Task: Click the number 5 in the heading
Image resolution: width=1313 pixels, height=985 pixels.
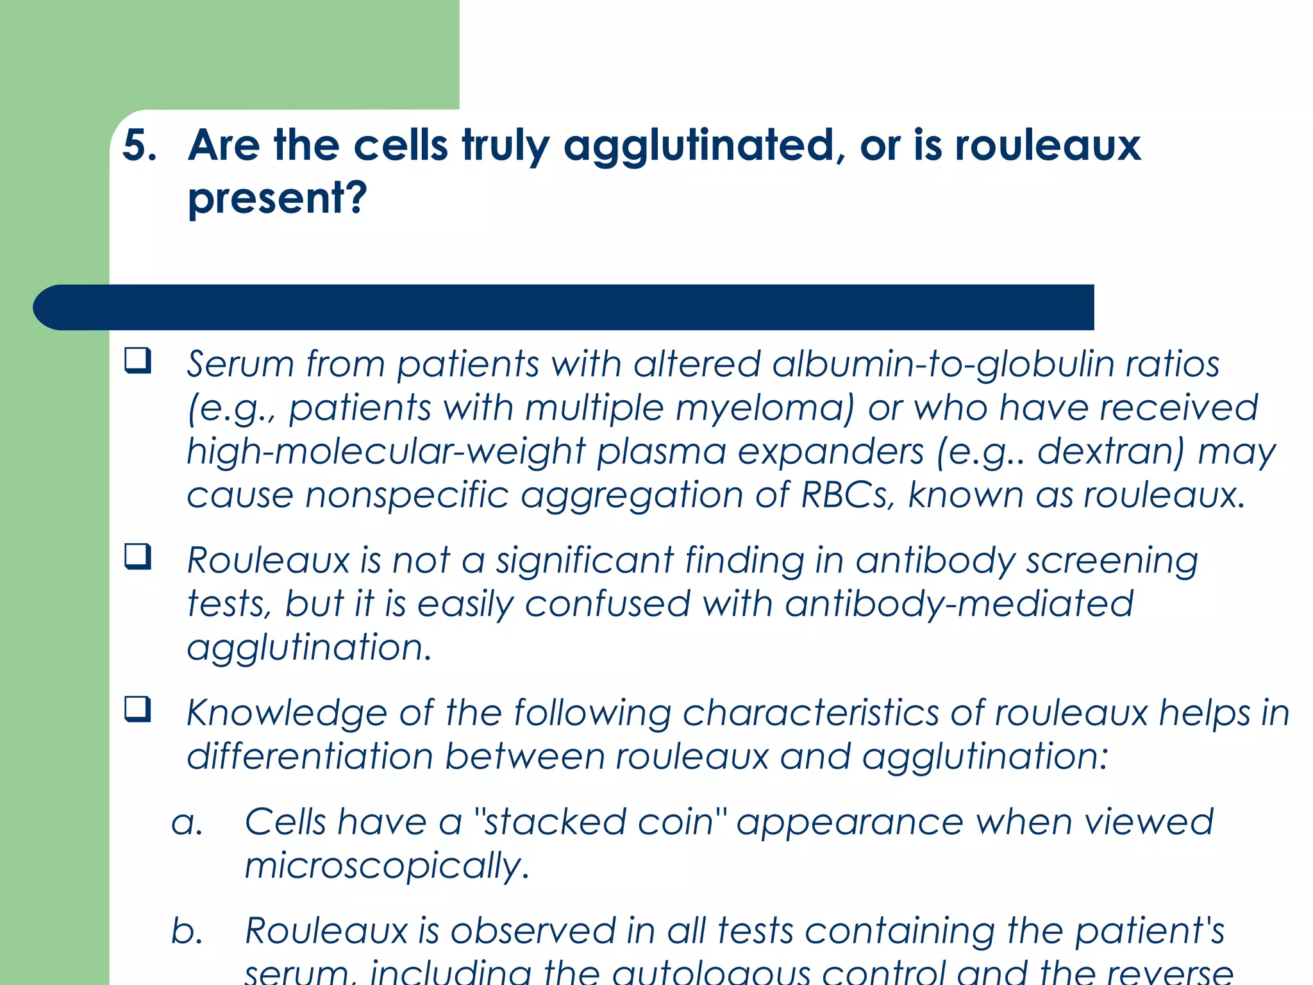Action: [138, 145]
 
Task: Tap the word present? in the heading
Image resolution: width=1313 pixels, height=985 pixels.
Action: [277, 198]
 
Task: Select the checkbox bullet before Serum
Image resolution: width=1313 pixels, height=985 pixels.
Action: [138, 361]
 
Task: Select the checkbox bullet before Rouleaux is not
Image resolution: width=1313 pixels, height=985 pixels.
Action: [138, 557]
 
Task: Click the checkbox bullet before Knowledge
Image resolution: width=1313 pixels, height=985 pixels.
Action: [138, 710]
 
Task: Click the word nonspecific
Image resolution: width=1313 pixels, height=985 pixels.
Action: [406, 495]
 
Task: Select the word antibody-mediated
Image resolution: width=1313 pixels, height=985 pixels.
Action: [959, 604]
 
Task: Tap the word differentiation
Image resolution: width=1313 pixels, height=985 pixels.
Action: [310, 757]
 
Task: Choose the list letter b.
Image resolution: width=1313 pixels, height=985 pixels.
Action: [187, 931]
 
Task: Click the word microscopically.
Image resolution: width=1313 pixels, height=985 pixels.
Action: [387, 866]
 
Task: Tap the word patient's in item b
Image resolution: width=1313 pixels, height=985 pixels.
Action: [1149, 931]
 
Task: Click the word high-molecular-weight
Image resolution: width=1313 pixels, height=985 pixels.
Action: [386, 451]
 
